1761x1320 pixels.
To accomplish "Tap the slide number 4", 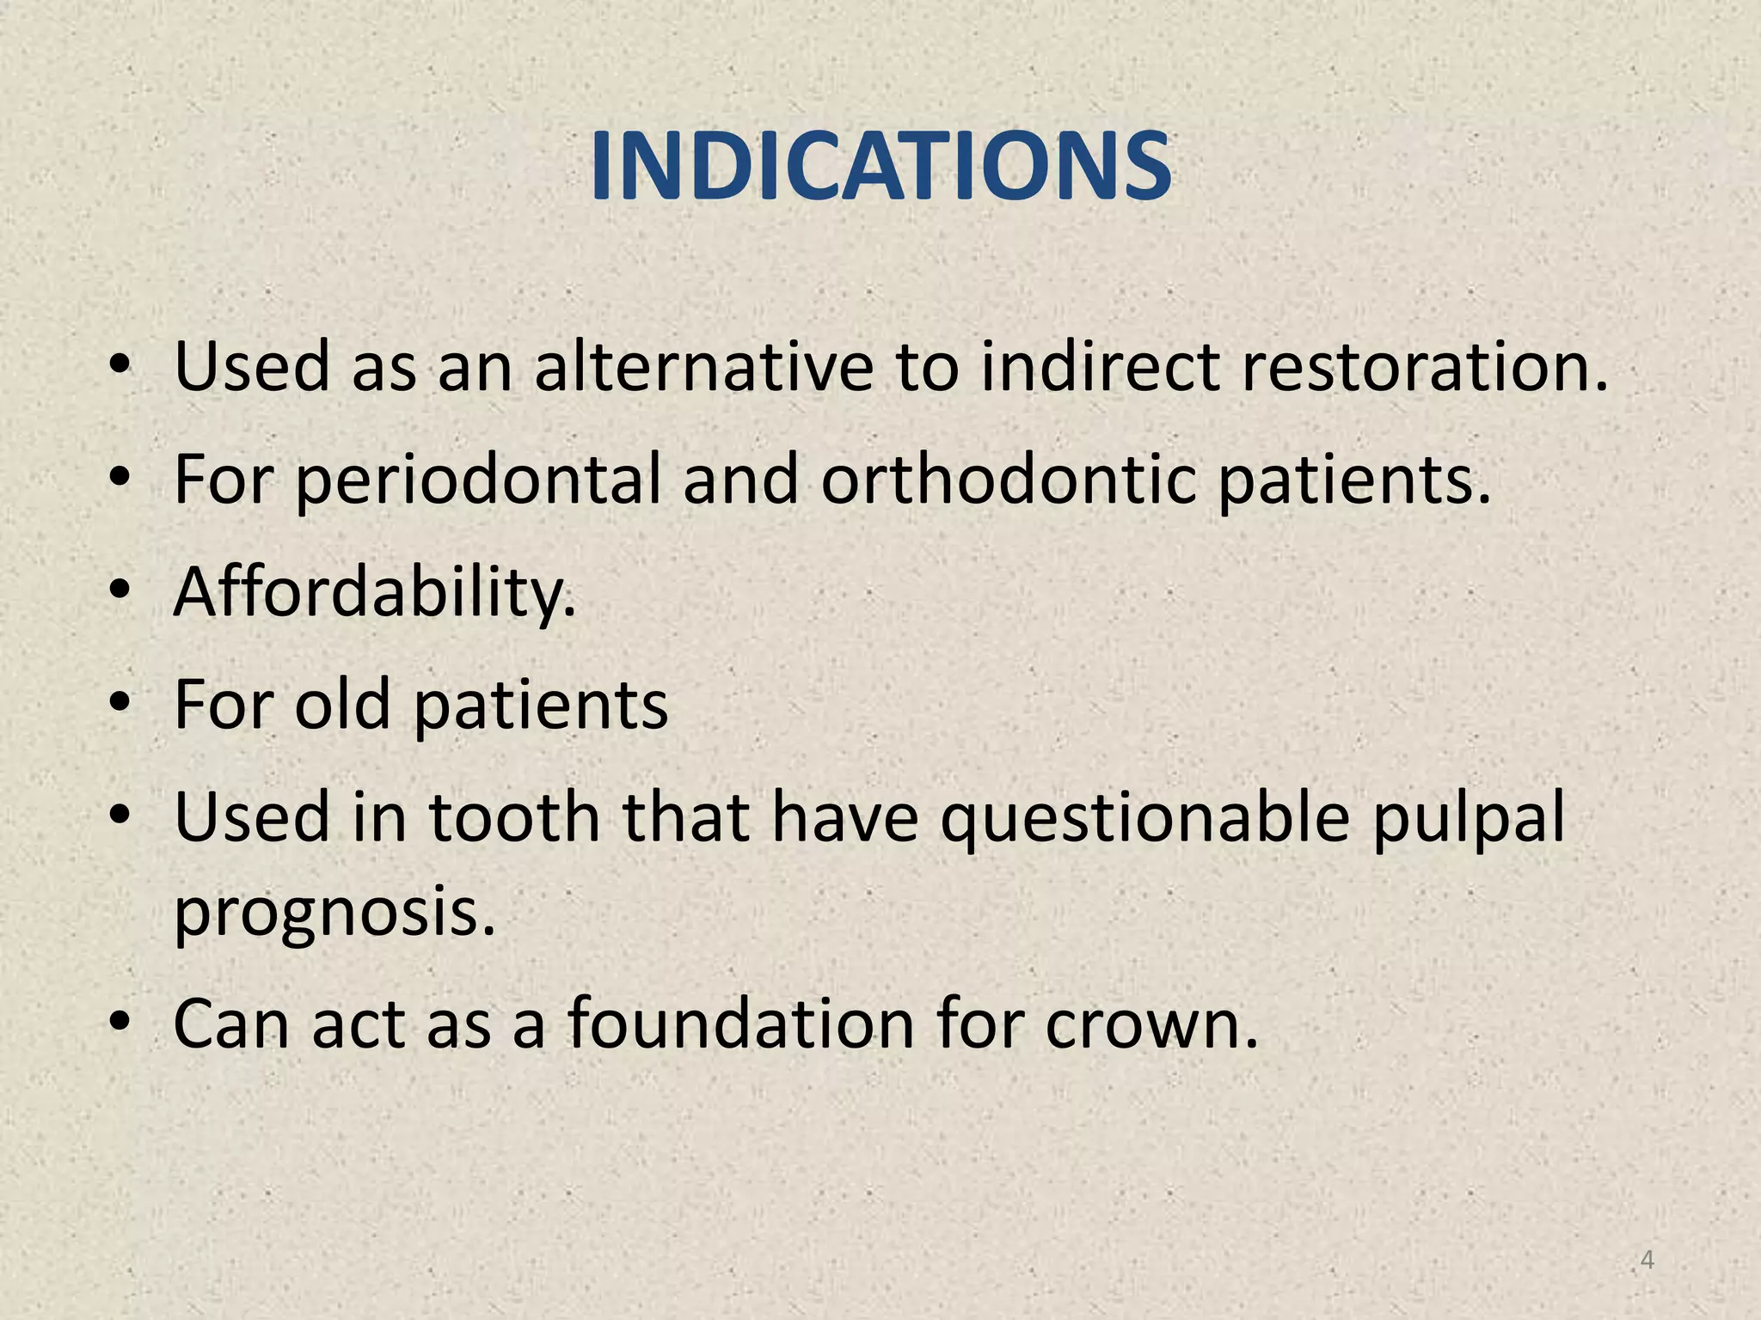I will (1647, 1260).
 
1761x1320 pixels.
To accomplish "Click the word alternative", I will (703, 367).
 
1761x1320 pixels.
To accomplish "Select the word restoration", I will (1424, 367).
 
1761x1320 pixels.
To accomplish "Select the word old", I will (343, 705).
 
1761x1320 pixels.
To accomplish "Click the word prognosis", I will (335, 913).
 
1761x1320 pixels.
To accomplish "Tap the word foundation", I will (740, 1024).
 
